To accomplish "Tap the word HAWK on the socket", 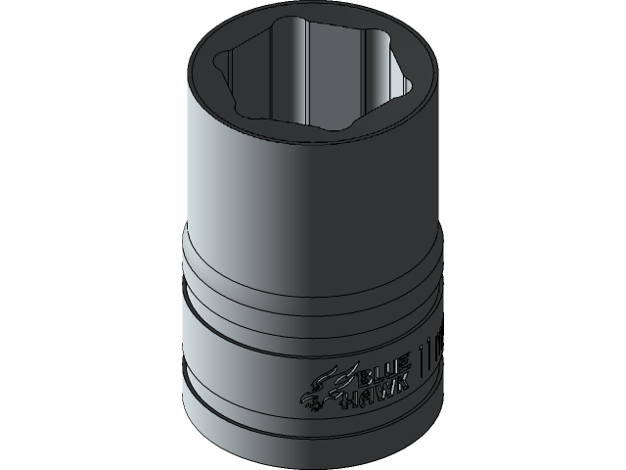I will tap(376, 398).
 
